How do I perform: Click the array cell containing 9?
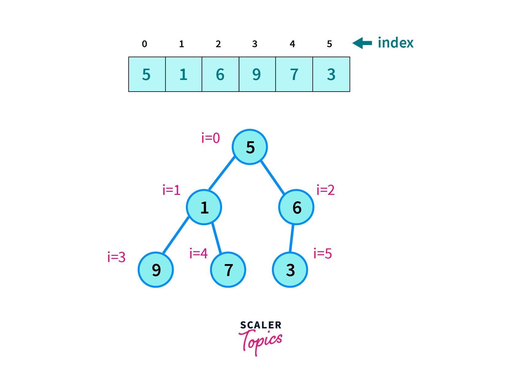(257, 74)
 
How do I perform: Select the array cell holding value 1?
(183, 74)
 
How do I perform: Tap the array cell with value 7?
(294, 74)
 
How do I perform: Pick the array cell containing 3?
(331, 74)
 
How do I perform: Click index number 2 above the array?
(218, 44)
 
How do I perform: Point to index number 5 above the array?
(329, 44)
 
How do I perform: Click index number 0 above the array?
(145, 44)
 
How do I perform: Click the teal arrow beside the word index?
(362, 43)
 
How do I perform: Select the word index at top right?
(395, 43)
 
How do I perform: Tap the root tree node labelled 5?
(250, 147)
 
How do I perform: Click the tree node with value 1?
(204, 207)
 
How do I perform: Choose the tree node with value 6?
(296, 207)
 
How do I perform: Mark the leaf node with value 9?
(156, 270)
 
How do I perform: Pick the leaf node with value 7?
(228, 270)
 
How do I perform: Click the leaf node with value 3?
(290, 270)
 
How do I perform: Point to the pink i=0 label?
(210, 138)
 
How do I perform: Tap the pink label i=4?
(198, 254)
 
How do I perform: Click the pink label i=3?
(116, 257)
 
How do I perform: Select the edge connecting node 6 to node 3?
(292, 238)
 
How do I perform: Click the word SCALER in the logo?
(261, 325)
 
